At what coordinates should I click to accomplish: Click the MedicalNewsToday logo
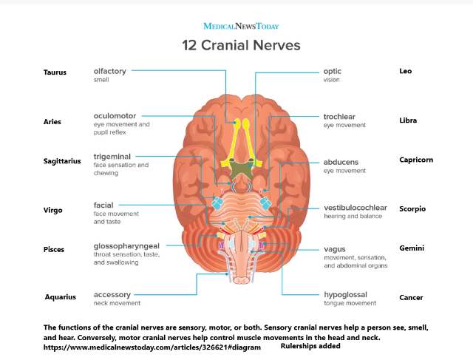[x=241, y=27]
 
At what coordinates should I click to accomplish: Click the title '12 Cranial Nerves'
[x=241, y=46]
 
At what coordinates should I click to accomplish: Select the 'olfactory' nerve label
[x=110, y=71]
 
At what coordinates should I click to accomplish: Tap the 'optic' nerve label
[x=332, y=72]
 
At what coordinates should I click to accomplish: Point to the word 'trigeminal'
[x=112, y=157]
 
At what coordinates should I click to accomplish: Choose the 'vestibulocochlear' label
[x=355, y=208]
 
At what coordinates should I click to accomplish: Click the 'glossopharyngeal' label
[x=126, y=246]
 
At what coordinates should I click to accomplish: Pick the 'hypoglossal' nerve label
[x=345, y=294]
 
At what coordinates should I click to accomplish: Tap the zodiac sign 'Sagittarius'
[x=62, y=161]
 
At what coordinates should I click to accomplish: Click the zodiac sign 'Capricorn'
[x=416, y=160]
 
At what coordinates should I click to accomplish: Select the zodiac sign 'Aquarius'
[x=61, y=297]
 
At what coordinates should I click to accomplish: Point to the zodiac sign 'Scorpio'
[x=412, y=208]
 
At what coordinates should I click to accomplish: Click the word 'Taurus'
[x=55, y=72]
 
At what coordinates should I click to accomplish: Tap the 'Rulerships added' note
[x=310, y=346]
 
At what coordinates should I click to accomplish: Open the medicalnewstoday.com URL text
[x=152, y=347]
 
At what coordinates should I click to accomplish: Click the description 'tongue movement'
[x=350, y=303]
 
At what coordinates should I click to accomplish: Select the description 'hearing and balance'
[x=353, y=216]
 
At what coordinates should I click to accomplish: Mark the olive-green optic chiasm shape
[x=241, y=168]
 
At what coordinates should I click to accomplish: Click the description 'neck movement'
[x=117, y=303]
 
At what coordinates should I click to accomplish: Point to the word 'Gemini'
[x=412, y=248]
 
